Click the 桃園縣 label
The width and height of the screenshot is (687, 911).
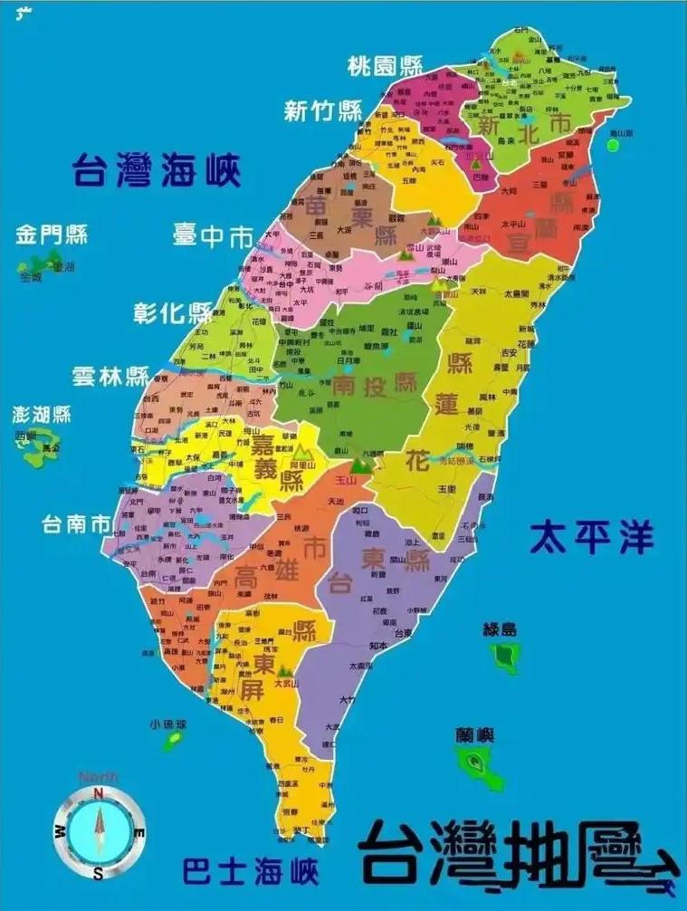point(386,66)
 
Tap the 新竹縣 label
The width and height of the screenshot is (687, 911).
point(322,111)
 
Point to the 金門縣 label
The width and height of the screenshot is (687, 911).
point(52,236)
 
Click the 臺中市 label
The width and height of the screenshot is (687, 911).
point(213,237)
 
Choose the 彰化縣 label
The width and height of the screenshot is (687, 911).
point(173,313)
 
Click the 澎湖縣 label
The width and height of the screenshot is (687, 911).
point(42,415)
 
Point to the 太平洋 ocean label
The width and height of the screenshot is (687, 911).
point(591,536)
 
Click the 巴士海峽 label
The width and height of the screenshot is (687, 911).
point(251,873)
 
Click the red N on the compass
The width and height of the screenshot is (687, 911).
point(99,794)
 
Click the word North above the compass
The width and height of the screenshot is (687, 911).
point(98,777)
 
